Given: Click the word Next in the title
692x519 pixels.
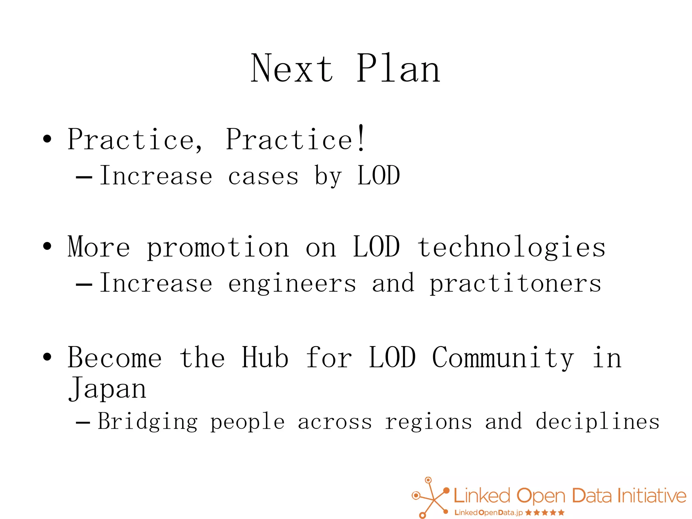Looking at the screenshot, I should coord(292,69).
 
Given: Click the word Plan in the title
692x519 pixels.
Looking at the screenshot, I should coord(398,69).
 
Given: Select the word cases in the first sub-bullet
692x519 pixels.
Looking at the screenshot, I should coord(263,176).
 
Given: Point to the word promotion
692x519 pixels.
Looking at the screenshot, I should coord(218,248).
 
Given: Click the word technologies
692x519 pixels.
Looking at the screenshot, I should coord(511,248).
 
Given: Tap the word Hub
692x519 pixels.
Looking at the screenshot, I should coord(265,357).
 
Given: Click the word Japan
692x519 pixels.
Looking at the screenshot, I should coord(107,389).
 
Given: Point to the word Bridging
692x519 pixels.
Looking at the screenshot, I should coord(148,422).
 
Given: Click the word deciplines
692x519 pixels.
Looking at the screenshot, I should coord(597,422).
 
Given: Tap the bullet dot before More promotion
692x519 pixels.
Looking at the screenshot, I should coord(47,246).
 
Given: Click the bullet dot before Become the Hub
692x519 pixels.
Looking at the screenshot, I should coord(47,356).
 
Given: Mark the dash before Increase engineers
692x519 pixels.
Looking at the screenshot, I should coord(84,285).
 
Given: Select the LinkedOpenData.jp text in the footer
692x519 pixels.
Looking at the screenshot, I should coord(488,513).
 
